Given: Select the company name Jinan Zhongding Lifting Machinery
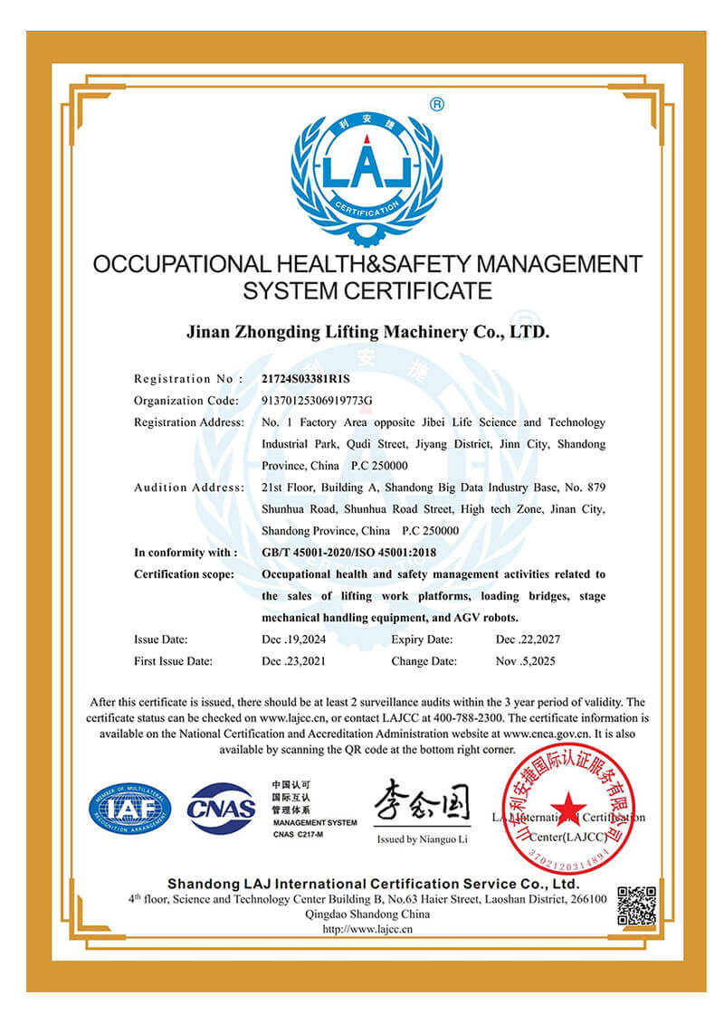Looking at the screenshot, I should (367, 332).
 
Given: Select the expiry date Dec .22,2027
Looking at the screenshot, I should (528, 639).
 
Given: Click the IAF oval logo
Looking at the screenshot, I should (129, 809).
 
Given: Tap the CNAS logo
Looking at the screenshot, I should (222, 808).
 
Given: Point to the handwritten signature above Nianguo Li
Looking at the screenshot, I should (422, 800).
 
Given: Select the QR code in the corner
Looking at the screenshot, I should (636, 905).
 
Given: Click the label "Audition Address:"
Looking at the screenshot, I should (188, 488).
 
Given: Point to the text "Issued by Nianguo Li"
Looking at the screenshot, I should (422, 840).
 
